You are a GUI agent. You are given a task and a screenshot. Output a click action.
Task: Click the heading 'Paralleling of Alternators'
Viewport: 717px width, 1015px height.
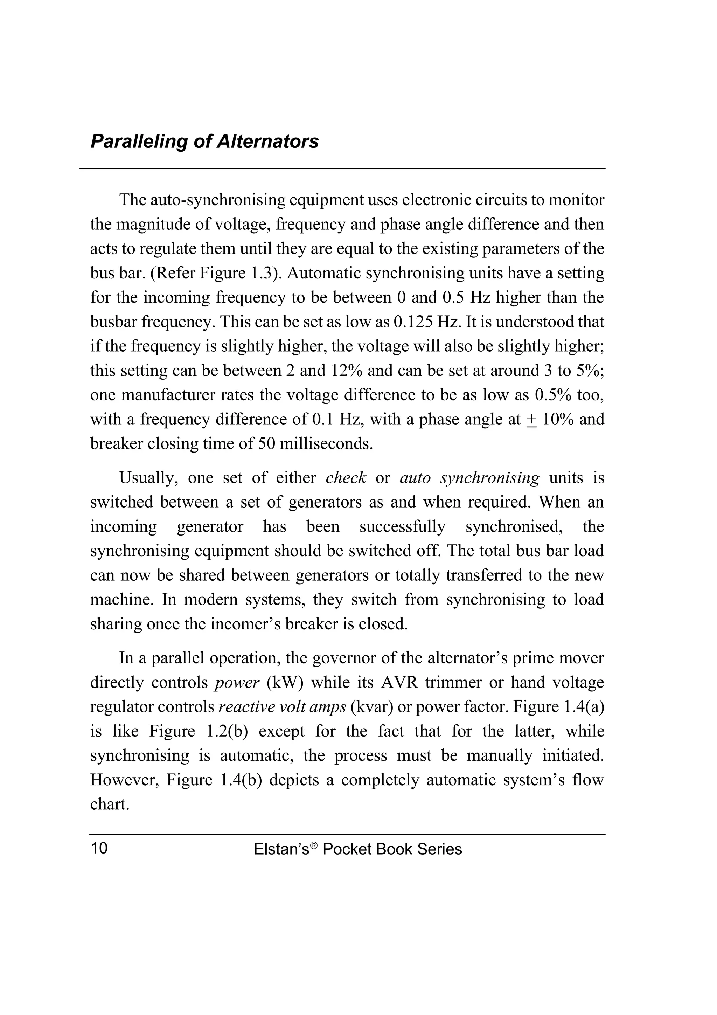[204, 142]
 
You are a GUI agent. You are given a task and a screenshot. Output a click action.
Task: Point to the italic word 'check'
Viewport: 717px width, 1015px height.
[346, 478]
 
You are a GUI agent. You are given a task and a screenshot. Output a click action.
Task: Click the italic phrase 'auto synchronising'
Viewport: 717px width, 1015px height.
[469, 478]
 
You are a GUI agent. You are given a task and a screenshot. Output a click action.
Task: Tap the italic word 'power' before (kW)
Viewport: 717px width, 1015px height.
[237, 683]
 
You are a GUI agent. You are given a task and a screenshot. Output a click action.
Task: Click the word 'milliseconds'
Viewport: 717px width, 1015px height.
[326, 443]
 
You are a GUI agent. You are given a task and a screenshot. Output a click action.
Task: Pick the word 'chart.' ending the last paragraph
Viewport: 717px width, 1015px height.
[110, 805]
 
